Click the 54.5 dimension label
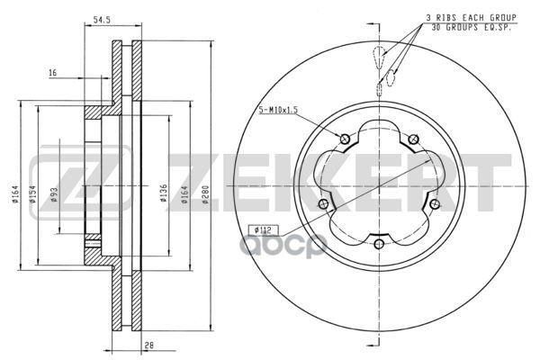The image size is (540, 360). point(102,20)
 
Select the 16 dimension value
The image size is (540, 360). point(53,73)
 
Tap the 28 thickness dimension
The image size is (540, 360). point(149,346)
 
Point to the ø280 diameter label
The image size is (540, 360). point(205,194)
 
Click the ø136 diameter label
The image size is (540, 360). point(164,193)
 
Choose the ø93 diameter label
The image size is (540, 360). point(54,194)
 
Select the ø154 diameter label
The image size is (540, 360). point(32,194)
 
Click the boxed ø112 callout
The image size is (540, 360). point(263,229)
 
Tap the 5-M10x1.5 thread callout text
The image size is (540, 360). point(278,110)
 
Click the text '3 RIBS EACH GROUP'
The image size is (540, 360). point(472,18)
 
